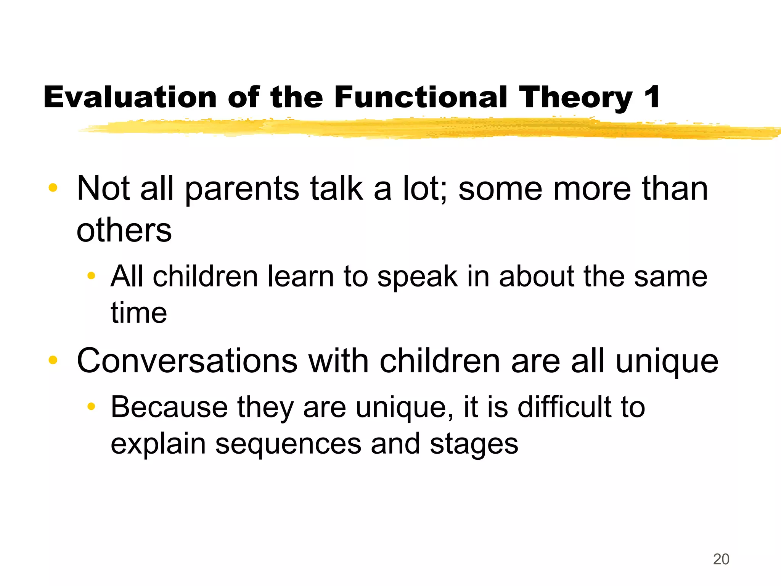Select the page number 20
(721, 559)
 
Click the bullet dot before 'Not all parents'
(53, 187)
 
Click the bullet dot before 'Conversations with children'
(53, 360)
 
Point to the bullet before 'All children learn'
(91, 275)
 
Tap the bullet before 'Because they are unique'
(91, 406)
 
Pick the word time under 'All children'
(139, 313)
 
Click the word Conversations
(187, 361)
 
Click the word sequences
(288, 444)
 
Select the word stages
(474, 445)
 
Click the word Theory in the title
(576, 98)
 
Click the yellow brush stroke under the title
(419, 129)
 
